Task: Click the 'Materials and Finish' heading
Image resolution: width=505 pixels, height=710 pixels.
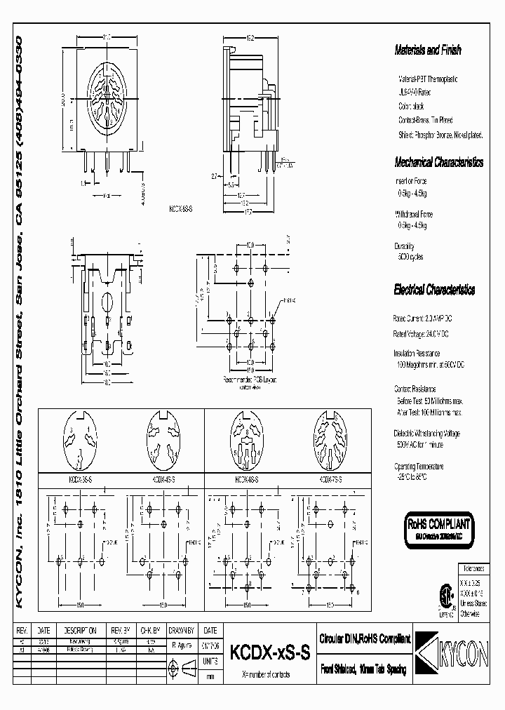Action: (428, 51)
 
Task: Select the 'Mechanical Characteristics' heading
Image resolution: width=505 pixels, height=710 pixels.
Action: (438, 162)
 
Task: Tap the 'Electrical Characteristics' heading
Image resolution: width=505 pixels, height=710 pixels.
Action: (434, 290)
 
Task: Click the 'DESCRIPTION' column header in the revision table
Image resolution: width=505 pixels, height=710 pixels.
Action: (80, 630)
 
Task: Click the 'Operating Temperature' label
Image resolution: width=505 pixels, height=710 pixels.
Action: (419, 466)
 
